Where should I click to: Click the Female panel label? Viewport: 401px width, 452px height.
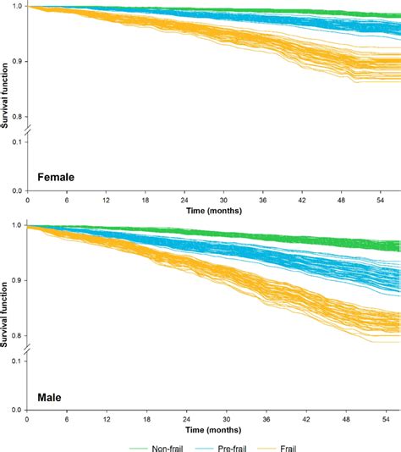(57, 178)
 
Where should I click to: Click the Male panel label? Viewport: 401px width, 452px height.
(52, 396)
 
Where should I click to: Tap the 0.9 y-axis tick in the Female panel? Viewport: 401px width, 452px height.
(19, 62)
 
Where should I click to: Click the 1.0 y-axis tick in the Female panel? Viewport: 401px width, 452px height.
(19, 7)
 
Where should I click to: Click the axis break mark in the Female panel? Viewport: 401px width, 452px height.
(28, 130)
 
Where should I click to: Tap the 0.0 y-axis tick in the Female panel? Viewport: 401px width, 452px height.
(19, 195)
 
